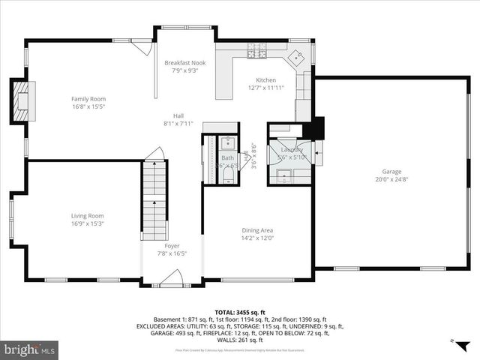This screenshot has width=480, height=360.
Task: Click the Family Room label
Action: pos(88,99)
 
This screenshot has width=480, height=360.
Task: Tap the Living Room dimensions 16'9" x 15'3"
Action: pos(87,223)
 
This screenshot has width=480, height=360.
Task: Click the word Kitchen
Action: pos(265,80)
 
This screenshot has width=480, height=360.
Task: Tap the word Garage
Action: pos(391,171)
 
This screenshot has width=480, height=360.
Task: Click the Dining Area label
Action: pos(256,230)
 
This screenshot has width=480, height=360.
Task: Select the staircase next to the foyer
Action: pos(154,200)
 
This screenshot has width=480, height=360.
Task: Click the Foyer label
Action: pos(172,245)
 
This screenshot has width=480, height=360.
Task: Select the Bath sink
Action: pos(227,143)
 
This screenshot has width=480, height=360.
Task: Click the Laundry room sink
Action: pos(284,176)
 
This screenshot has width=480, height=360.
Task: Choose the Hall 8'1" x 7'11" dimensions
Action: pos(178,123)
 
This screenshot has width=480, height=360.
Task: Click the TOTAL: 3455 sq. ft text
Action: pos(239,311)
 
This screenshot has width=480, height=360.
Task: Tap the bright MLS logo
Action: pos(29,349)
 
